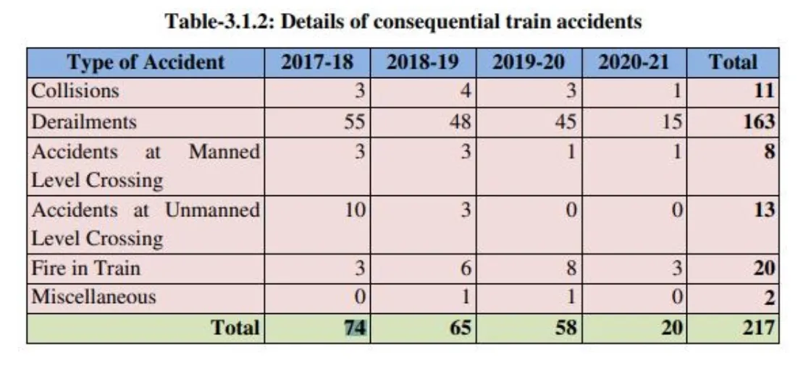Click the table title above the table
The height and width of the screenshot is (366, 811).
pyautogui.click(x=404, y=21)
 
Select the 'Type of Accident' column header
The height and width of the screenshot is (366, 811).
pyautogui.click(x=146, y=62)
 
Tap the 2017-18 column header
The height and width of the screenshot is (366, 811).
pyautogui.click(x=317, y=62)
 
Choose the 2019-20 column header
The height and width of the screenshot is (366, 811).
pyautogui.click(x=528, y=62)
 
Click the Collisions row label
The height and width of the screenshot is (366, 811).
pyautogui.click(x=75, y=91)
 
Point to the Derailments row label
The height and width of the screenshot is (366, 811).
pyautogui.click(x=83, y=121)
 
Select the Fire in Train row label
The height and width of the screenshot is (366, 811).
pyautogui.click(x=85, y=268)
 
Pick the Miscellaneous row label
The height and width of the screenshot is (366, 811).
pyautogui.click(x=93, y=297)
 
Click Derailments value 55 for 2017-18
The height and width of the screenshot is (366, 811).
pyautogui.click(x=353, y=121)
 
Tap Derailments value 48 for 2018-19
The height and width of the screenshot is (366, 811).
pyautogui.click(x=460, y=121)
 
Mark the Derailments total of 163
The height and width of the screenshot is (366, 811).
pyautogui.click(x=760, y=121)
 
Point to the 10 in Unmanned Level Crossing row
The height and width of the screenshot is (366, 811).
pyautogui.click(x=355, y=210)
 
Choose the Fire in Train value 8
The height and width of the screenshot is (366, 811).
pyautogui.click(x=571, y=268)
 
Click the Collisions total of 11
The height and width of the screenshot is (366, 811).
pyautogui.click(x=764, y=91)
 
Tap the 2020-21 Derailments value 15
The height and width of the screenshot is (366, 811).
pyautogui.click(x=672, y=121)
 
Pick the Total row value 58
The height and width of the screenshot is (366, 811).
pyautogui.click(x=566, y=328)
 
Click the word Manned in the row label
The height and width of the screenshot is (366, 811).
pyautogui.click(x=224, y=152)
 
